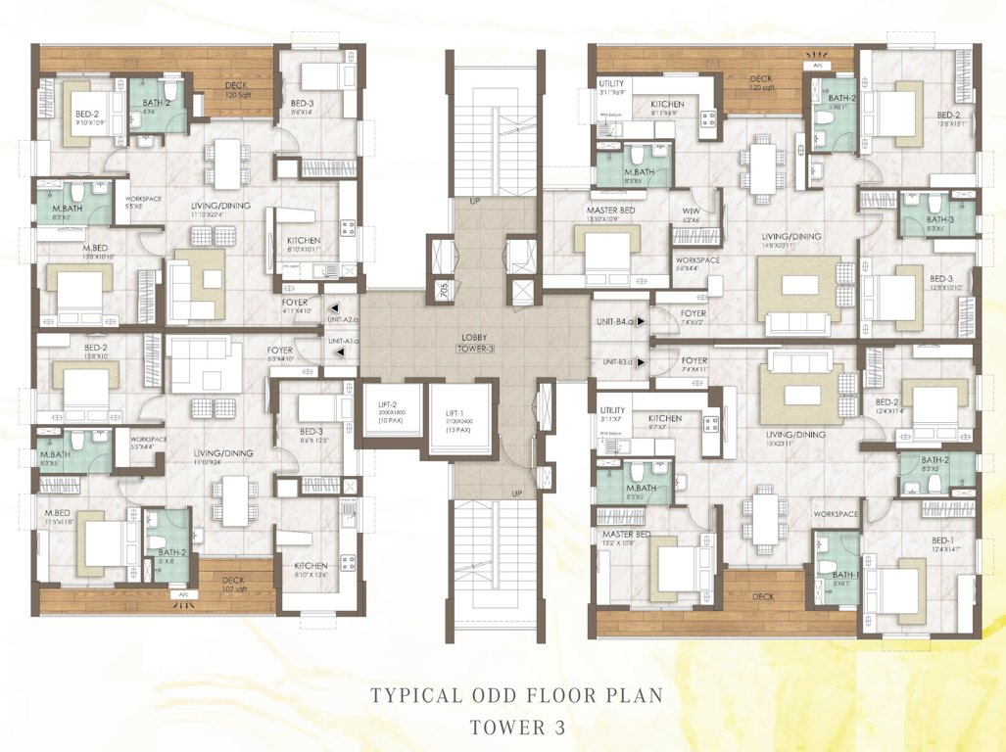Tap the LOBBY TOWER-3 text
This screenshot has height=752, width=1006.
(473, 344)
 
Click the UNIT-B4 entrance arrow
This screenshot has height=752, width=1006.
(639, 320)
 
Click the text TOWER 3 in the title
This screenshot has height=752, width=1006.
(517, 728)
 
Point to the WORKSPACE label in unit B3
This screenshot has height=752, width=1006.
(836, 514)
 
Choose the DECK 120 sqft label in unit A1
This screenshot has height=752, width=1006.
(234, 85)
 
